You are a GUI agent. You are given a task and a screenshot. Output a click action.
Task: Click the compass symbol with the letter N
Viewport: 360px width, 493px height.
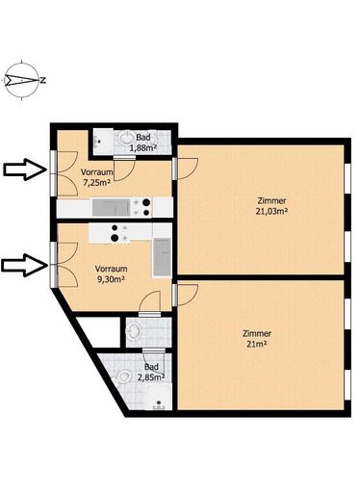tap(22, 80)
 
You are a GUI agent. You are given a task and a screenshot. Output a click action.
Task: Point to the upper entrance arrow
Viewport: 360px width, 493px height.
tap(25, 169)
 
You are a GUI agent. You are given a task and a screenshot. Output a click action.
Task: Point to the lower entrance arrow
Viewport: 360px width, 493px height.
tap(25, 265)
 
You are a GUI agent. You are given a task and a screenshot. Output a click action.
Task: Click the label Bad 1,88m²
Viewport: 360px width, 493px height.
tap(143, 143)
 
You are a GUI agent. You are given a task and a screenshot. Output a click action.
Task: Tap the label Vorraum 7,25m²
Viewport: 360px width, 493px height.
tap(96, 177)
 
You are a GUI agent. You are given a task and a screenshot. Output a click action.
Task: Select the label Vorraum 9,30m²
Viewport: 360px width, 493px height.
tap(111, 274)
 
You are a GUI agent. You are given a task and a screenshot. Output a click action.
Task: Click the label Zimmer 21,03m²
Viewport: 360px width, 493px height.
tap(271, 206)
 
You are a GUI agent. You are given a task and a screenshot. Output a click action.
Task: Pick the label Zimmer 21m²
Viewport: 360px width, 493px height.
tap(257, 339)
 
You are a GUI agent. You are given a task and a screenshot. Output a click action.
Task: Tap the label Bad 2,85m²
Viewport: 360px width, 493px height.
tap(151, 372)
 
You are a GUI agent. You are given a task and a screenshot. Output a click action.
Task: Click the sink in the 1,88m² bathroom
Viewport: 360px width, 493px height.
tap(126, 140)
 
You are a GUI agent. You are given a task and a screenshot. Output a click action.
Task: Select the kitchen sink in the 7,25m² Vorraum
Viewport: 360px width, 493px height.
tap(112, 207)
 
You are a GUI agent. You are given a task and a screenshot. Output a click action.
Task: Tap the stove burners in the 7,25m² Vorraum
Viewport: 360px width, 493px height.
tap(142, 207)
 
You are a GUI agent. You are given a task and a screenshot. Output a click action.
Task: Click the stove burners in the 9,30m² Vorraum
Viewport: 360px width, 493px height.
tap(119, 233)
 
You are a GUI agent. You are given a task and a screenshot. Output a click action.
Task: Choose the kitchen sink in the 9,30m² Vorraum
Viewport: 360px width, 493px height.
tap(163, 257)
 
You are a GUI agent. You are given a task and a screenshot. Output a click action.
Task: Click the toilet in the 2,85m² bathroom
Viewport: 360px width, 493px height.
tap(124, 376)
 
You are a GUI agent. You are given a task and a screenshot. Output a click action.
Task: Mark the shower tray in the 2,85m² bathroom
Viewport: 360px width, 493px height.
tap(159, 398)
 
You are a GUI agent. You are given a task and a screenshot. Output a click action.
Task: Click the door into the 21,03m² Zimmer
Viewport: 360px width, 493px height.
tap(187, 169)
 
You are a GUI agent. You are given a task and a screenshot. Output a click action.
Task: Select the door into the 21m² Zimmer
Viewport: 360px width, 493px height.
tap(186, 295)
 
